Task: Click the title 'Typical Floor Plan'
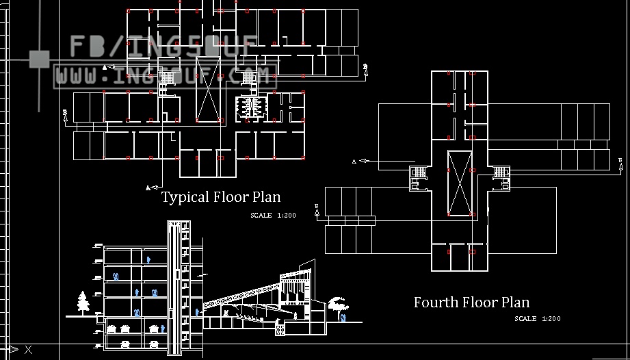coord(221,197)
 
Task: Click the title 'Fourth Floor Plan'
coord(471,302)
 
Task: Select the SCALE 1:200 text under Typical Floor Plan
coord(273,216)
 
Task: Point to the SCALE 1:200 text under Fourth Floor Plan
coord(538,318)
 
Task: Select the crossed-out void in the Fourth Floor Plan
coord(459,181)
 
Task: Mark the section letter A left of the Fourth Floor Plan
coord(354,162)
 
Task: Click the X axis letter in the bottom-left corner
coord(28,350)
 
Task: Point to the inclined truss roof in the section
coord(243,294)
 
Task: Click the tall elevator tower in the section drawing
coord(177,287)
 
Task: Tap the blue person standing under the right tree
coord(343,318)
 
